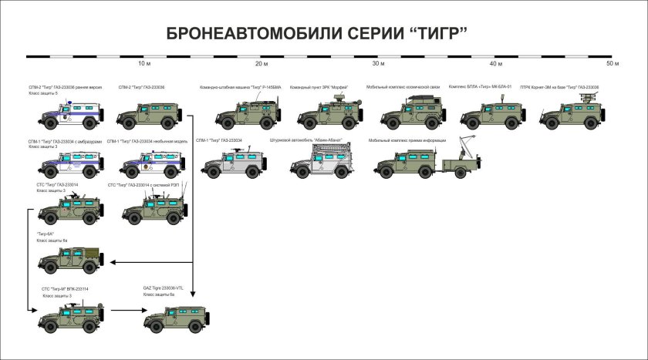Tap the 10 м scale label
(x=143, y=63)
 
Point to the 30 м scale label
(x=378, y=63)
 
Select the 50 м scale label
(x=613, y=63)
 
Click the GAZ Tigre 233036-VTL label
(x=163, y=288)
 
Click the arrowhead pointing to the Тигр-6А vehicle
(x=114, y=262)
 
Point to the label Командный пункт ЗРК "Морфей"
(x=319, y=88)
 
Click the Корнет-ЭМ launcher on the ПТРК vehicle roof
(x=588, y=97)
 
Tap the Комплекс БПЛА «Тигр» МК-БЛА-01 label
(x=480, y=87)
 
